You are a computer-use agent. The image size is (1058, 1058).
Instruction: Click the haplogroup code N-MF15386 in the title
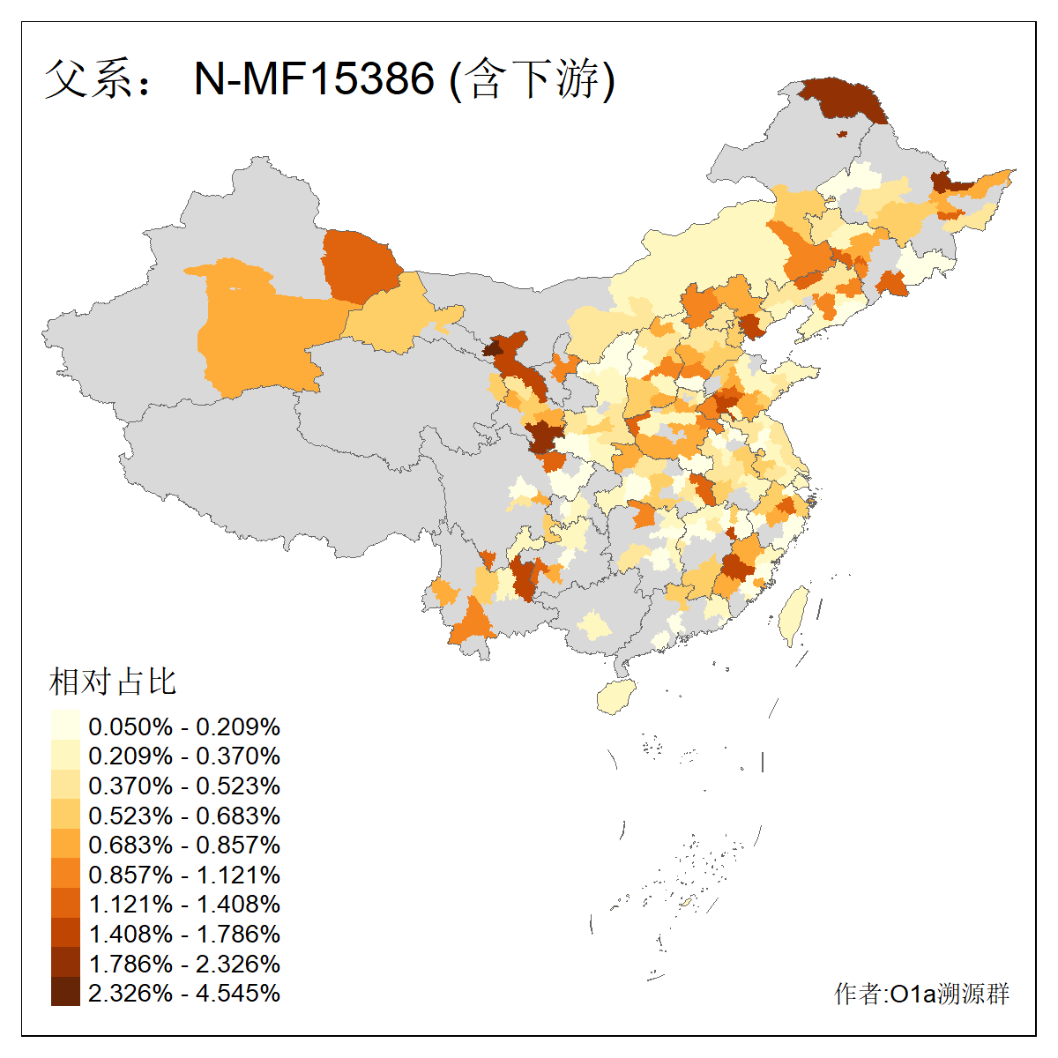pos(314,79)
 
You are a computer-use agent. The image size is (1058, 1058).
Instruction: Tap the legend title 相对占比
pos(113,682)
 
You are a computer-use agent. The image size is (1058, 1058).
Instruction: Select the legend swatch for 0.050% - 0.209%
pos(65,726)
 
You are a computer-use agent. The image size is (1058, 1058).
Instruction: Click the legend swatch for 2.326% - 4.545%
pos(65,993)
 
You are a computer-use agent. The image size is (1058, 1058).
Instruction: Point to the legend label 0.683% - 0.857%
pos(184,845)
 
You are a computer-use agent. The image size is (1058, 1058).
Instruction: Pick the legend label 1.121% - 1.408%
pos(184,905)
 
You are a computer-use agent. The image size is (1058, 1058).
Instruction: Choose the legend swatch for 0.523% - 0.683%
pos(65,816)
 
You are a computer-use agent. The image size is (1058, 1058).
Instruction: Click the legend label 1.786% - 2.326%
pos(184,964)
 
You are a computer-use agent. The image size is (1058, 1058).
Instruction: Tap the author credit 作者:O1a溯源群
pos(921,994)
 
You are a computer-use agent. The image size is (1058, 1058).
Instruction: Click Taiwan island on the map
pos(794,615)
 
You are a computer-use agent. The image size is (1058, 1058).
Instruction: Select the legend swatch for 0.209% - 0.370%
pos(65,756)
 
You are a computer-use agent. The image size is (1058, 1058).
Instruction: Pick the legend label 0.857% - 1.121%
pos(184,875)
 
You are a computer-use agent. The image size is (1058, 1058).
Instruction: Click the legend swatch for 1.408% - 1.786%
pos(65,934)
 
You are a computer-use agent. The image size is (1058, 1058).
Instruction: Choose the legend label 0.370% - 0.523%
pos(184,786)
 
